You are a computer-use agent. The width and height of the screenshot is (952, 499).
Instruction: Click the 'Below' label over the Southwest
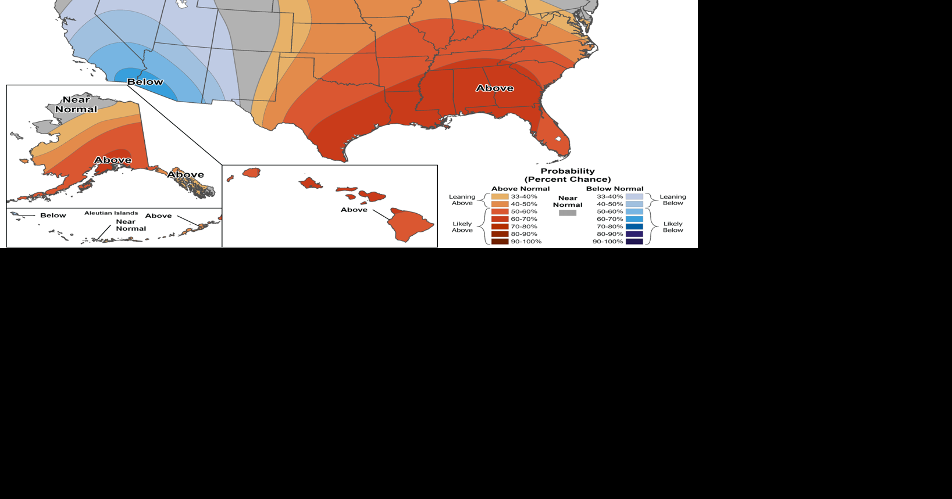tap(145, 82)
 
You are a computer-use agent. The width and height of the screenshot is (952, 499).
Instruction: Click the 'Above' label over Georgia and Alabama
tap(494, 88)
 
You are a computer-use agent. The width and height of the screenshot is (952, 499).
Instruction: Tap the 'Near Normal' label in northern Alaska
tap(76, 105)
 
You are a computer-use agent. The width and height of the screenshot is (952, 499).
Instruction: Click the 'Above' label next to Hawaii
tap(354, 210)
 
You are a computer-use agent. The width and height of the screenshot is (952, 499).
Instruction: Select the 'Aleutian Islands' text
tap(111, 213)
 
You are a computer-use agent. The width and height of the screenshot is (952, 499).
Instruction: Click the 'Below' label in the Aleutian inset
tap(53, 216)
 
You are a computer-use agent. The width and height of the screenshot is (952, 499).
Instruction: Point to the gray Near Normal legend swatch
tap(567, 213)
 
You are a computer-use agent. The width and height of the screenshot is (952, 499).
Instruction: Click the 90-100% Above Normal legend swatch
tap(500, 242)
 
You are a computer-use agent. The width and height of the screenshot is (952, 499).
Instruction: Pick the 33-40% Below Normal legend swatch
tap(634, 197)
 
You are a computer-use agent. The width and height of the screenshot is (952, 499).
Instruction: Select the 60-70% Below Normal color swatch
tap(634, 220)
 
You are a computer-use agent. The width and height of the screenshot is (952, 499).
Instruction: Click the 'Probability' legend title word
tap(568, 171)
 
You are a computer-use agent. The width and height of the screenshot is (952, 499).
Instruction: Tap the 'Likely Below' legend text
tap(673, 227)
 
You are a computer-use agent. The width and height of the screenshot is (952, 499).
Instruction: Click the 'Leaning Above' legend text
tap(462, 200)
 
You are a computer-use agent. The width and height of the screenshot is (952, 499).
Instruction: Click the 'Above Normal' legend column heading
tap(520, 189)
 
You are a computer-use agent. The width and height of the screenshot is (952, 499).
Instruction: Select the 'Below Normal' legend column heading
tap(615, 189)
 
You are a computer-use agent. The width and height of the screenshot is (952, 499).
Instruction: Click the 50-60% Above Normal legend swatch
tap(500, 212)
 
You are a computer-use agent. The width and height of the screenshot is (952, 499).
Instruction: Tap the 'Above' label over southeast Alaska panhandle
tap(186, 175)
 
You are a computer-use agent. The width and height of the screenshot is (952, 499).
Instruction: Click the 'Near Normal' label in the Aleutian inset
tap(130, 225)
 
